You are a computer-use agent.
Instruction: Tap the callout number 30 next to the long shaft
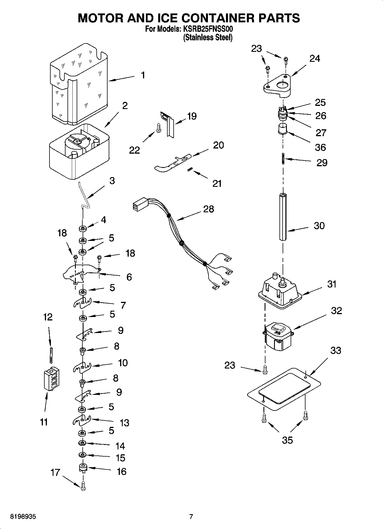pos(319,226)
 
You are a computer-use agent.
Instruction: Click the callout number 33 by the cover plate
pos(336,350)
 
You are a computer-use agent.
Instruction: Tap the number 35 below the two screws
pos(287,440)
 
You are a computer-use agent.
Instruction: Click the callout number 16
pos(122,471)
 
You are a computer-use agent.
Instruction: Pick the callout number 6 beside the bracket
pos(129,277)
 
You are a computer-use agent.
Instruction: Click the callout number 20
pos(218,145)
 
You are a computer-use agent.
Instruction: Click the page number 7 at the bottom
pos(191,516)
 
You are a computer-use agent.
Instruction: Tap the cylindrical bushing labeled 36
pos(283,128)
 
